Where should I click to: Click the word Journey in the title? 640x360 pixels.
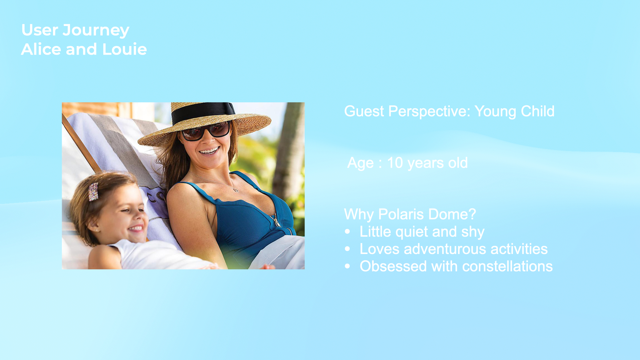96,31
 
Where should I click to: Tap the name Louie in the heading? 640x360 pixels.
125,49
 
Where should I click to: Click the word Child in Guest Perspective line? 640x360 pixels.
538,111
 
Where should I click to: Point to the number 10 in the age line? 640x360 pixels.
395,163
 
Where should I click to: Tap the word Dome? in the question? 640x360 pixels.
452,214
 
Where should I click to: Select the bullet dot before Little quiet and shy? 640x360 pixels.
348,231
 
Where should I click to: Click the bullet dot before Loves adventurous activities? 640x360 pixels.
348,249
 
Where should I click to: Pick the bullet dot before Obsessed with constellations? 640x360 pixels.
348,266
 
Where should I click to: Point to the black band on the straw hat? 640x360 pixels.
203,112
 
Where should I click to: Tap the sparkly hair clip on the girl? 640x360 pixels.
93,192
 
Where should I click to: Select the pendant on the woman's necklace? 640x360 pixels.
236,190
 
